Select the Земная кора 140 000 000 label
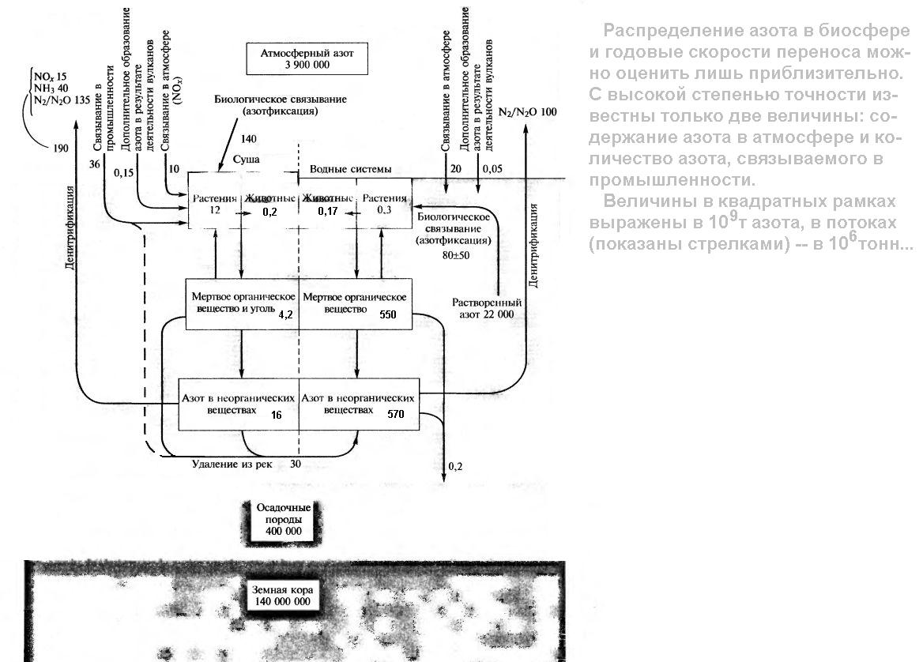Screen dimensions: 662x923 point(282,596)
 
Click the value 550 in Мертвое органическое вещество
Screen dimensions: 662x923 point(388,315)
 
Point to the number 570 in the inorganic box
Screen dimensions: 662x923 point(397,414)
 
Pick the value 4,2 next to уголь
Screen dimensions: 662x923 point(286,314)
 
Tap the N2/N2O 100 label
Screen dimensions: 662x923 point(527,112)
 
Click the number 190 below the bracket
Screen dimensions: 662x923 point(60,148)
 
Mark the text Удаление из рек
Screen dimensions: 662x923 point(232,464)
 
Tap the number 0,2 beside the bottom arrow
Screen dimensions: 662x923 point(455,467)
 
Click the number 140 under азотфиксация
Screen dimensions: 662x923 point(248,139)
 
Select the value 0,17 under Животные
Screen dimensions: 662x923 point(327,212)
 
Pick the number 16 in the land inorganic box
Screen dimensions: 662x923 point(276,413)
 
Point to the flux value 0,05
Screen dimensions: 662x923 point(492,169)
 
